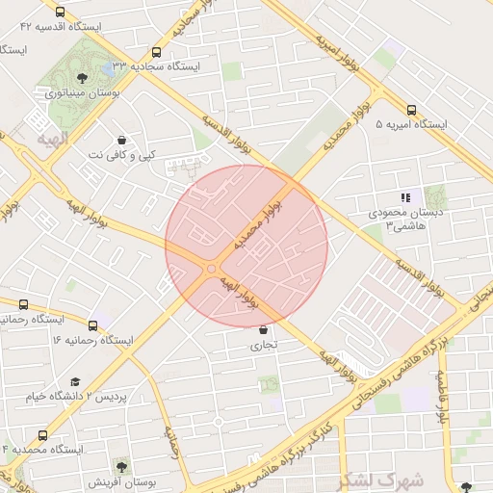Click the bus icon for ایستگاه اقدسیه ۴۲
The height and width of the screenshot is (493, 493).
(61, 13)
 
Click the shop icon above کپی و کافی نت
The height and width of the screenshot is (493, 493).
(120, 140)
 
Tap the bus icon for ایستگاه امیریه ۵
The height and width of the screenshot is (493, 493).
(411, 111)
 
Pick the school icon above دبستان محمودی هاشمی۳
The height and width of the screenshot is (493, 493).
(405, 197)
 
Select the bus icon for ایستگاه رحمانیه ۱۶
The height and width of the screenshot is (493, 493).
(92, 326)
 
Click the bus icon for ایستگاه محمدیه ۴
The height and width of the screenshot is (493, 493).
(41, 435)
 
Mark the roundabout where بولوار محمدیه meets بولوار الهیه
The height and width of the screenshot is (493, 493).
(211, 269)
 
